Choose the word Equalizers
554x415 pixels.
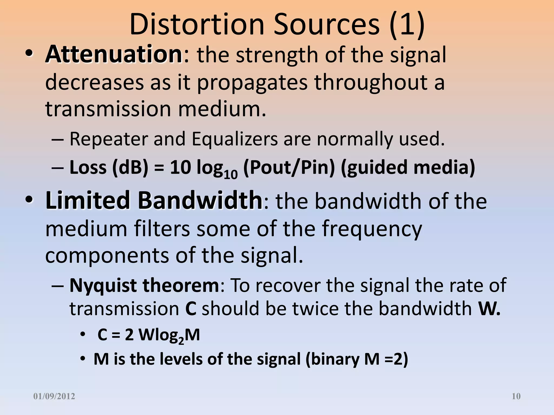click(235, 139)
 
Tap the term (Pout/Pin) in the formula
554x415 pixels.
click(289, 168)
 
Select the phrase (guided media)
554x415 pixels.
click(408, 168)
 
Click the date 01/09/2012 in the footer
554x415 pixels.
click(54, 396)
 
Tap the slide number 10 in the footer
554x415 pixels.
click(516, 396)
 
